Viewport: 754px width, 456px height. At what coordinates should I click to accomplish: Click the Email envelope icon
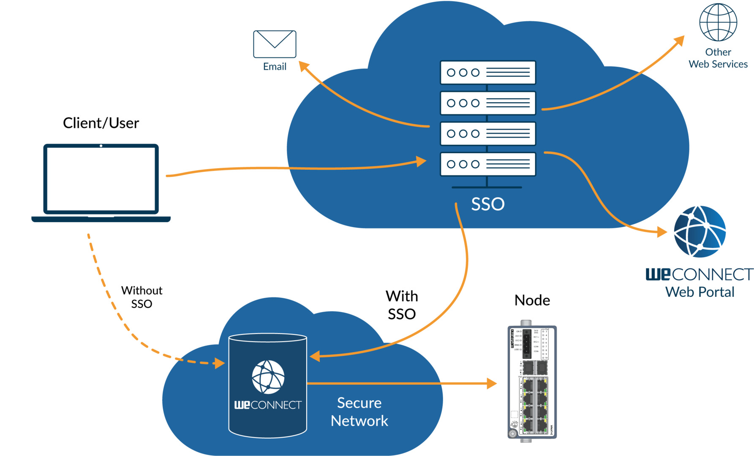click(x=275, y=44)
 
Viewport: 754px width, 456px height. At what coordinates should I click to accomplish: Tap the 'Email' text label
click(x=275, y=67)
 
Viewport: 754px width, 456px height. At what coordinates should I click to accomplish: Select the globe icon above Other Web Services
click(x=718, y=22)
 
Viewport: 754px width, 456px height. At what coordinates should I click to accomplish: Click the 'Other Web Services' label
click(x=718, y=58)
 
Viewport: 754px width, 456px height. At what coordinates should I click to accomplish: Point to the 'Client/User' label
click(x=101, y=123)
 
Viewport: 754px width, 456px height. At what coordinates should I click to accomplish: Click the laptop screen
click(x=101, y=179)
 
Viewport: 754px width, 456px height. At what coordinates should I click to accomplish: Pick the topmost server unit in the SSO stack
click(x=488, y=73)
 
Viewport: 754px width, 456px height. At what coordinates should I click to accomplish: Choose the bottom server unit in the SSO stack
click(x=488, y=164)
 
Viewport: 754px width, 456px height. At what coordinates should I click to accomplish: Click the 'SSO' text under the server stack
click(x=488, y=204)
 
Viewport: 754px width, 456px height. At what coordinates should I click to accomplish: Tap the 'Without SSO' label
click(x=142, y=297)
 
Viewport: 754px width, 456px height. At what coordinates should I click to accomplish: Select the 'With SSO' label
click(x=402, y=305)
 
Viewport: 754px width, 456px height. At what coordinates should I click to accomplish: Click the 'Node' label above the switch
click(x=532, y=300)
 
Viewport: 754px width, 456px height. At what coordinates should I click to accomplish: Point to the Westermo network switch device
click(x=532, y=382)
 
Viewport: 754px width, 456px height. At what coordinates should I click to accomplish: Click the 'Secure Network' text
click(x=359, y=412)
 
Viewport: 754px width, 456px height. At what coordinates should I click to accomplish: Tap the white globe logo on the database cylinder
click(x=268, y=377)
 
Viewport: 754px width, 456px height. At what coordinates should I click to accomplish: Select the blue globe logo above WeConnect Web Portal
click(x=700, y=231)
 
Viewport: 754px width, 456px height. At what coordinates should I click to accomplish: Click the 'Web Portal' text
click(x=700, y=292)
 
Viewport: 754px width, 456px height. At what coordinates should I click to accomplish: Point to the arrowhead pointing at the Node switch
click(x=492, y=383)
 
